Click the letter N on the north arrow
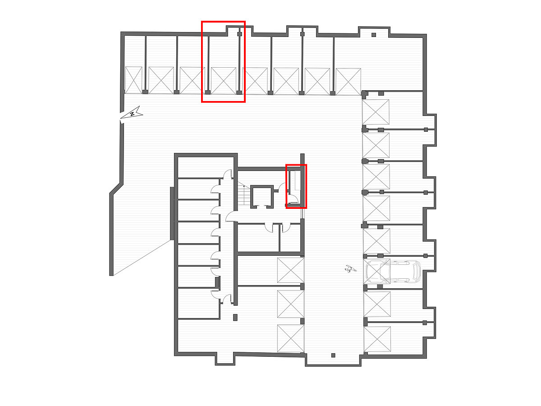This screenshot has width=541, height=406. (132, 114)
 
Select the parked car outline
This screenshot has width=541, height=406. (393, 272)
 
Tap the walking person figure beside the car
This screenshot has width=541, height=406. (350, 268)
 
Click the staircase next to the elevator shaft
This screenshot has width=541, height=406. (244, 193)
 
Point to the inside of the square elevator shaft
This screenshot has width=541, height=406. (262, 197)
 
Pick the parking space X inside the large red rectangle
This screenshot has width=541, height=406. (224, 81)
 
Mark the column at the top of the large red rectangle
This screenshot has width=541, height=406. (239, 34)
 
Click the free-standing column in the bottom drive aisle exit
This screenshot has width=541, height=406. (333, 355)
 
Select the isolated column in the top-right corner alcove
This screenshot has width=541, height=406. (374, 35)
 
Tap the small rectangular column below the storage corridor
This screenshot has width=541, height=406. (235, 317)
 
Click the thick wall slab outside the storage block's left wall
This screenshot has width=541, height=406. (172, 213)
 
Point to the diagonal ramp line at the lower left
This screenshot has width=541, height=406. (142, 258)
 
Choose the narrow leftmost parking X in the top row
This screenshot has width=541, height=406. (133, 80)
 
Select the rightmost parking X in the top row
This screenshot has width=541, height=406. (348, 82)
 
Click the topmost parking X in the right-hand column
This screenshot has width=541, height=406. (376, 112)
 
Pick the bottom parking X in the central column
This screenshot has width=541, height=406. (291, 338)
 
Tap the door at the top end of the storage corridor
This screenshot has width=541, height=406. (228, 174)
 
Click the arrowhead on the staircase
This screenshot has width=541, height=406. (244, 185)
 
